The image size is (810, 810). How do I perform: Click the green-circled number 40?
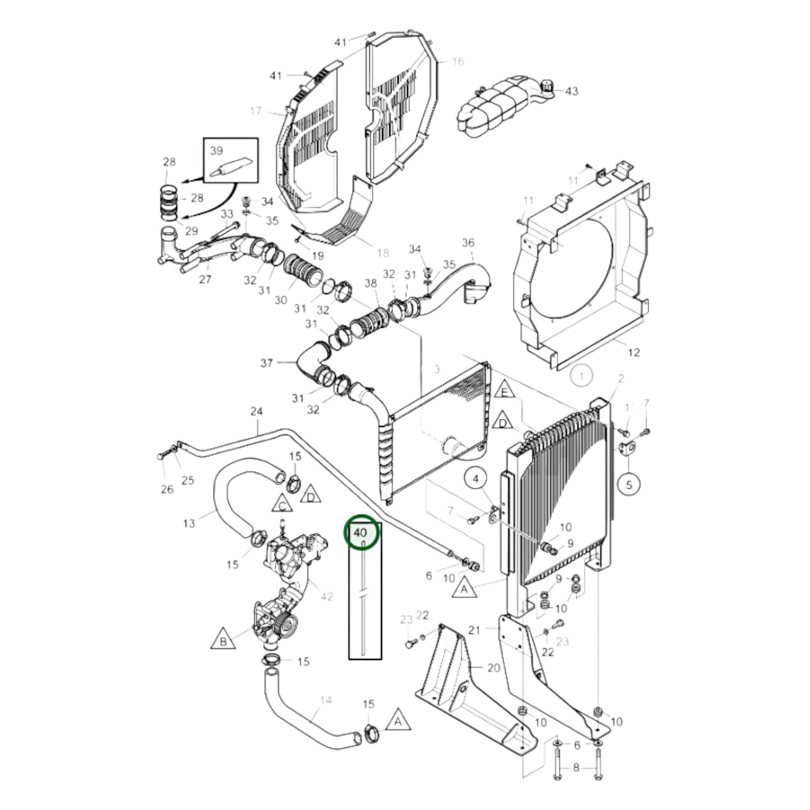pyautogui.click(x=361, y=532)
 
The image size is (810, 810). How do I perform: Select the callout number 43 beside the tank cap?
pyautogui.click(x=571, y=91)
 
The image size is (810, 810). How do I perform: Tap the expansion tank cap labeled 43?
pyautogui.click(x=547, y=87)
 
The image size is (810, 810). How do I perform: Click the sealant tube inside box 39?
pyautogui.click(x=230, y=169)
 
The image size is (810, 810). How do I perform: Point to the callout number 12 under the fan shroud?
pyautogui.click(x=633, y=353)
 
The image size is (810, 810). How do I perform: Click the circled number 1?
pyautogui.click(x=581, y=376)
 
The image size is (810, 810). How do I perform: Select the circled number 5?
pyautogui.click(x=628, y=485)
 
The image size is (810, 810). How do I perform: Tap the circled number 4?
pyautogui.click(x=476, y=479)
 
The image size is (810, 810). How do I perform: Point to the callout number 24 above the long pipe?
pyautogui.click(x=256, y=412)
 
